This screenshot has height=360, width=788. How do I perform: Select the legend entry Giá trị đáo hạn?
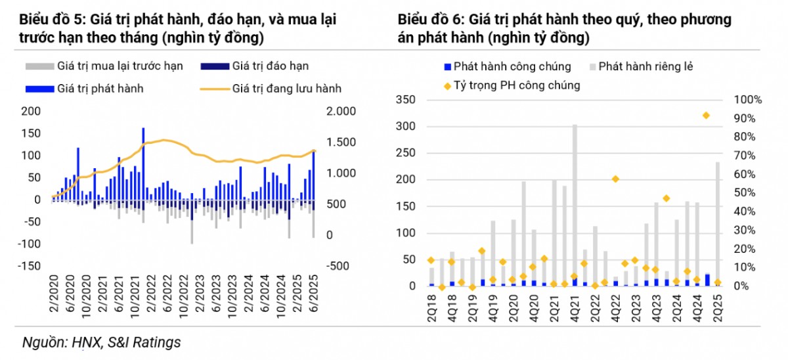[270, 66]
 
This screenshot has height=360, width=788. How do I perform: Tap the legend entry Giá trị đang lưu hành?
[286, 88]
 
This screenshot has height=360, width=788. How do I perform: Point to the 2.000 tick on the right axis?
[341, 111]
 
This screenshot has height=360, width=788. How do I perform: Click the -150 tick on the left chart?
[30, 266]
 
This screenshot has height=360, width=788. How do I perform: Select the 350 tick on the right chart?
[407, 100]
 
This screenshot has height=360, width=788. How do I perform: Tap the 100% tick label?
[748, 100]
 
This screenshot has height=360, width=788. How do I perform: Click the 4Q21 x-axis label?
[575, 306]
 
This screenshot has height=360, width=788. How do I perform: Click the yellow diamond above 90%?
[706, 116]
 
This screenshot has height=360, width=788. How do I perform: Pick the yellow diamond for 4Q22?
[615, 179]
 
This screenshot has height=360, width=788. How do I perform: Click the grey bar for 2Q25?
[717, 220]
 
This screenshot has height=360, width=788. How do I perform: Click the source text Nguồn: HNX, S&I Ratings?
[102, 342]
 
